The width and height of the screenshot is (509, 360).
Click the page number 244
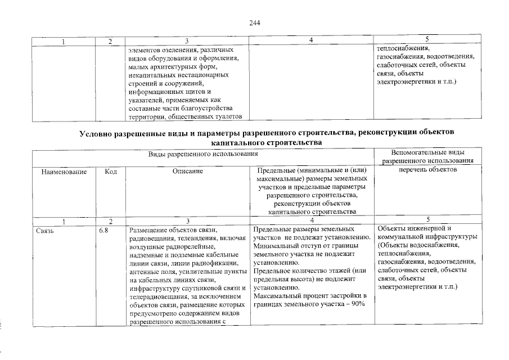tap(254, 23)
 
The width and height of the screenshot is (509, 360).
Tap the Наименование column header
tap(64, 170)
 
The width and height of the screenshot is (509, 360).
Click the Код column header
tap(111, 170)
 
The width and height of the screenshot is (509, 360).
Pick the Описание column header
tap(188, 170)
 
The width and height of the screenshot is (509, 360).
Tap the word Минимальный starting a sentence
tap(273, 246)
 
